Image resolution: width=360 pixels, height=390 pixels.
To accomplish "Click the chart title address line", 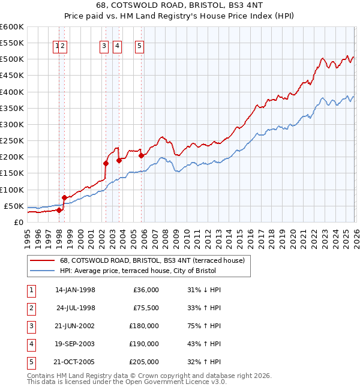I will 180,4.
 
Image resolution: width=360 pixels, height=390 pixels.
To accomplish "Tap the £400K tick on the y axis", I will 11,92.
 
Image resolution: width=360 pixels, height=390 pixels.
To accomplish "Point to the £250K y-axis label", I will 11,140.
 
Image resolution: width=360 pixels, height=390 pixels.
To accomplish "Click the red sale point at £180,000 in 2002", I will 106,163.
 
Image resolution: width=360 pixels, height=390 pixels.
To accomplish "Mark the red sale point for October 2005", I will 142,155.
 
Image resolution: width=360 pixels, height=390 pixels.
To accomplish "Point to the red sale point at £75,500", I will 64,197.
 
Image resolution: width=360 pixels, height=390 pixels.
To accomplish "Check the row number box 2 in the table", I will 30,308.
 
